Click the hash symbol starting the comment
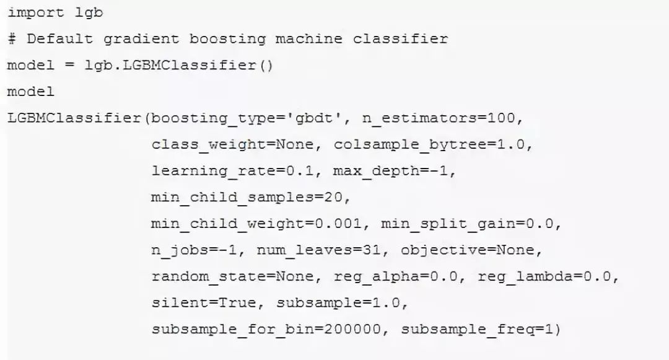(12, 39)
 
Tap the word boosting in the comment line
(227, 39)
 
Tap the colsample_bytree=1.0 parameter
(433, 145)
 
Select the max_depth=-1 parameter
(395, 171)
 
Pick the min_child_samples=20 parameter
(251, 198)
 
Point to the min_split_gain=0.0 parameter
(471, 224)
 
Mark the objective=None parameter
(471, 250)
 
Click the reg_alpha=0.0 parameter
(400, 276)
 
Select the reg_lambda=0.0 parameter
(548, 276)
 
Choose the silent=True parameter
(208, 303)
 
